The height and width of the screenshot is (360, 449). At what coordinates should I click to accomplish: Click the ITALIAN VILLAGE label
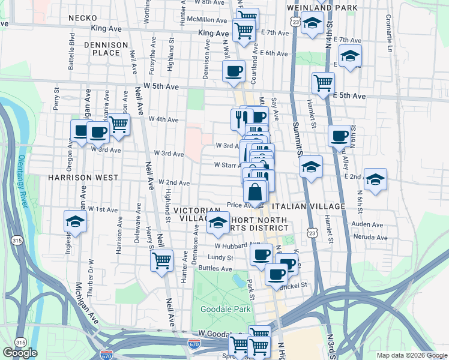click(x=309, y=206)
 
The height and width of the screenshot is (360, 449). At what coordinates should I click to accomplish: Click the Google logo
click(x=20, y=353)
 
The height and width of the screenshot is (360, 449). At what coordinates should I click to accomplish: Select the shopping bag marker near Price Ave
click(x=255, y=193)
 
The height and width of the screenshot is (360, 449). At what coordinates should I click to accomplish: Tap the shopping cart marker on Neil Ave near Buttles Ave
click(x=162, y=261)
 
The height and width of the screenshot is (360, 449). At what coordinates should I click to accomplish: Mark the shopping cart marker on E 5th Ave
click(x=323, y=82)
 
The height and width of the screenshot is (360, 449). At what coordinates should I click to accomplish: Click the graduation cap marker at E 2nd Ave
click(x=375, y=179)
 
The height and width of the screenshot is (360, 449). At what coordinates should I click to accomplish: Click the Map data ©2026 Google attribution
click(x=412, y=355)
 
